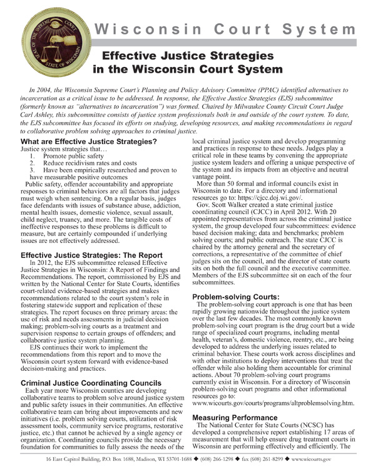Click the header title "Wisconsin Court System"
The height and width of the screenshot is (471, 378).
(225, 29)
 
